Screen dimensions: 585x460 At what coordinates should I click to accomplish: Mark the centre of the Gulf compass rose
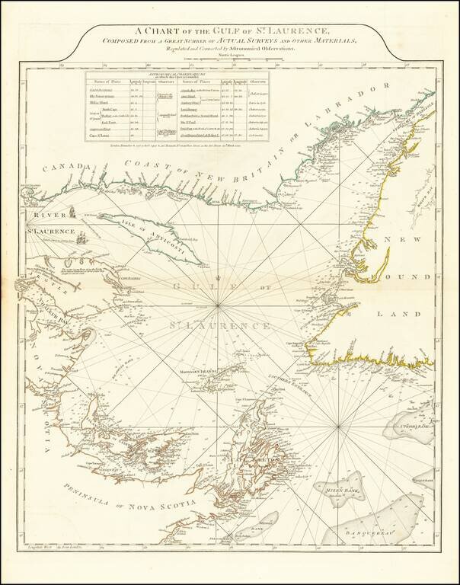[x=219, y=305]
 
